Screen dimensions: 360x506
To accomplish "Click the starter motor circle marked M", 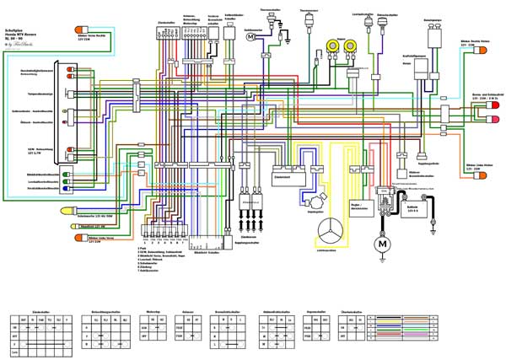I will coord(382,244).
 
